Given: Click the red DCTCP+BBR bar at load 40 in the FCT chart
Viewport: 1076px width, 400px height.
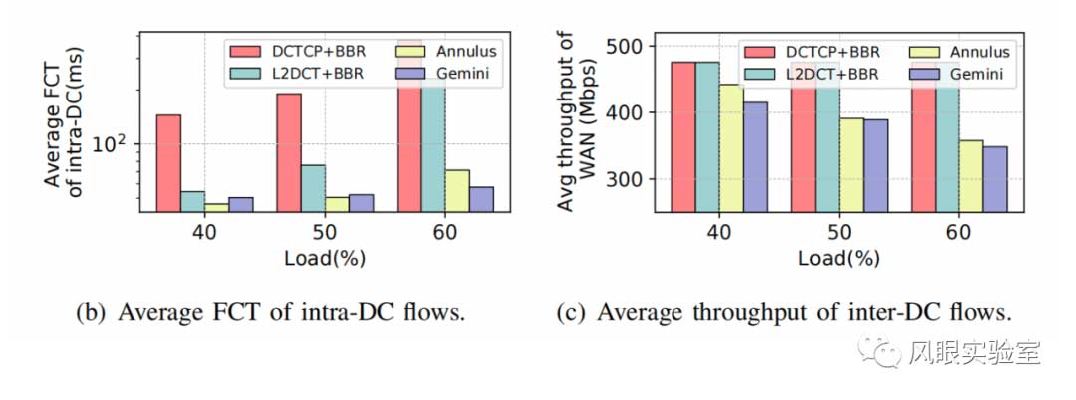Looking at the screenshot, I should click(x=168, y=163).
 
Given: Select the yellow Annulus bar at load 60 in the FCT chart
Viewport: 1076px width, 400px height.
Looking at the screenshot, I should click(x=457, y=190).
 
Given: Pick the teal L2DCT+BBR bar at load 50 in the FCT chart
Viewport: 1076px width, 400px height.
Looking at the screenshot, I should click(x=313, y=188).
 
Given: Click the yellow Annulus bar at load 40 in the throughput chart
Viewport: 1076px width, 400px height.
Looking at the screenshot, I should click(x=731, y=148).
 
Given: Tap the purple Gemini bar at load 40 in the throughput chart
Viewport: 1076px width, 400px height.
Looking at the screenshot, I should click(x=755, y=157).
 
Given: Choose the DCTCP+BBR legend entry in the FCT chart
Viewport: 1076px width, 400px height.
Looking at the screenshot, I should click(x=289, y=50).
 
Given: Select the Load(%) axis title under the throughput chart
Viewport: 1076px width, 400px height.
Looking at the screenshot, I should click(x=837, y=258).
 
